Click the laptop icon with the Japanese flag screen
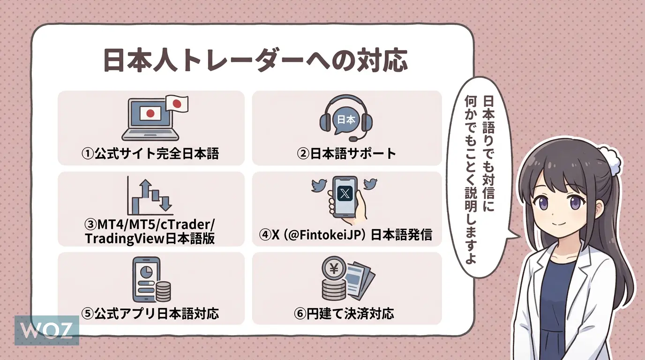[x=150, y=119]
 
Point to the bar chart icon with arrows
[x=150, y=197]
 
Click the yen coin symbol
[x=334, y=269]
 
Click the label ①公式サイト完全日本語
[x=150, y=154]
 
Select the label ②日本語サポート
[x=346, y=154]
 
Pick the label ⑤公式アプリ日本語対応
[x=150, y=313]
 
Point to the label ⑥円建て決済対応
[x=347, y=313]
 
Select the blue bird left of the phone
[x=321, y=186]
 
